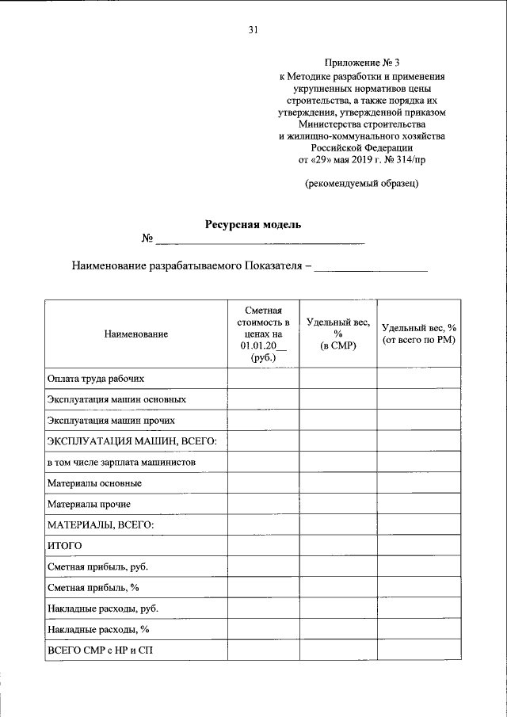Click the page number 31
click(253, 31)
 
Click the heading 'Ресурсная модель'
click(253, 224)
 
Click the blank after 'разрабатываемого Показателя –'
click(371, 268)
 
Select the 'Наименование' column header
click(135, 335)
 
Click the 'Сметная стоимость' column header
click(262, 334)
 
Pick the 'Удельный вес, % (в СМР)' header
click(337, 334)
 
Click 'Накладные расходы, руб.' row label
click(103, 608)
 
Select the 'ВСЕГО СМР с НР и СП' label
click(104, 650)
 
